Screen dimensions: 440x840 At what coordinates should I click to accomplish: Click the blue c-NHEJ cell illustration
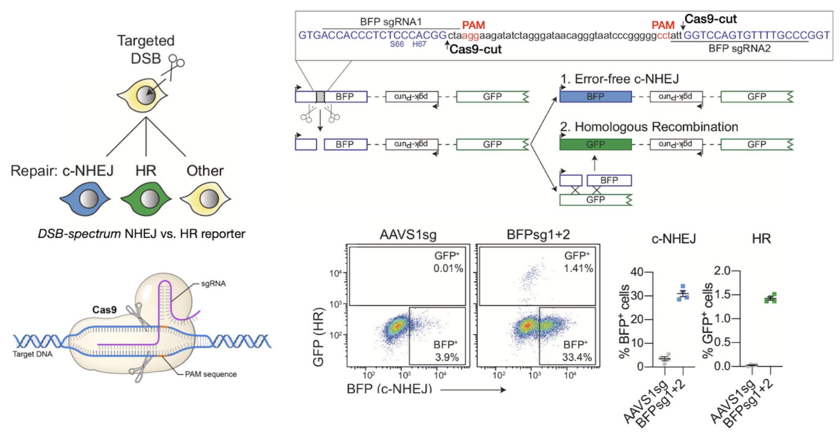(85, 199)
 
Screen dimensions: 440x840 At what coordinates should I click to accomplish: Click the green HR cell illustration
(146, 199)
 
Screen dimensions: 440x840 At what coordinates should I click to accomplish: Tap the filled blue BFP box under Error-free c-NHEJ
(595, 97)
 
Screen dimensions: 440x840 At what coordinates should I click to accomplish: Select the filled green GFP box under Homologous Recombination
(595, 144)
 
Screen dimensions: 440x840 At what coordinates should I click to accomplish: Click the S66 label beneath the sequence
(397, 44)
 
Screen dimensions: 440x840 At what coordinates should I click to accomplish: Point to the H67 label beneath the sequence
(419, 44)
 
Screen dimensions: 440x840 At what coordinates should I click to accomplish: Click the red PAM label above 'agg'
(473, 25)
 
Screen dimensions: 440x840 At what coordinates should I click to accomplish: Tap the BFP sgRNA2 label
(739, 49)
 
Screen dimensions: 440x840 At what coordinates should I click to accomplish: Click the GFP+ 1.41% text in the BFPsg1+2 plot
(577, 262)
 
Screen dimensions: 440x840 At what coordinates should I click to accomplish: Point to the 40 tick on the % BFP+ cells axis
(637, 272)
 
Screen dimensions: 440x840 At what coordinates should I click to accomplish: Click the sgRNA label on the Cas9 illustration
(213, 284)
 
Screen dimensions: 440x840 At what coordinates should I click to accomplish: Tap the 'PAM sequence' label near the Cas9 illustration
(211, 374)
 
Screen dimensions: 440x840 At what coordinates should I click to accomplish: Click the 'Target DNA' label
(32, 354)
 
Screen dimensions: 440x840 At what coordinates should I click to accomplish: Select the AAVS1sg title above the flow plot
(408, 234)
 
